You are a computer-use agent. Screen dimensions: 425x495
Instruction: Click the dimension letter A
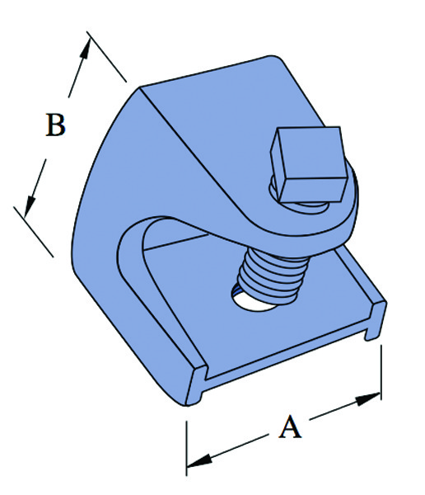point(290,427)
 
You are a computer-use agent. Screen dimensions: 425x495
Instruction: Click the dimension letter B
point(55,125)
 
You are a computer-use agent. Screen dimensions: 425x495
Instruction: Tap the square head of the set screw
point(309,164)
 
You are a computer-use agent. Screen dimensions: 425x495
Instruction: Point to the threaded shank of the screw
point(272,276)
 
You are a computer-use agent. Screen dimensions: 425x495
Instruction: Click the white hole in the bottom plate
point(252,301)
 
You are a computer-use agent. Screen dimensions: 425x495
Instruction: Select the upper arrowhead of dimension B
point(85,49)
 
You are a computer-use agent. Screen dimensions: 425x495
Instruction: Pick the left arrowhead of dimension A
point(199,461)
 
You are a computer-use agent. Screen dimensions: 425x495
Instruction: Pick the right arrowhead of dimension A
point(367,399)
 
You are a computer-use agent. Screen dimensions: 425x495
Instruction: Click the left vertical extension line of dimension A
point(187,448)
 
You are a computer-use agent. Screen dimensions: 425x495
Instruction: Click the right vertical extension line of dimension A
point(381,373)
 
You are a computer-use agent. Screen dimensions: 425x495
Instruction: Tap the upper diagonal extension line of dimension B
point(106,56)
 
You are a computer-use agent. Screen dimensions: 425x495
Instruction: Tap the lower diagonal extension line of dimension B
point(34,232)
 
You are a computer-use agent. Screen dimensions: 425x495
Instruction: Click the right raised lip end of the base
point(376,320)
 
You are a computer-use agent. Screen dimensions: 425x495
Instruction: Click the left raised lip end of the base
point(196,385)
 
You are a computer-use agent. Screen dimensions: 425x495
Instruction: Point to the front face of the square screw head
point(312,189)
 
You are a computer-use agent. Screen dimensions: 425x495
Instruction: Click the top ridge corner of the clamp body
point(140,87)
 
